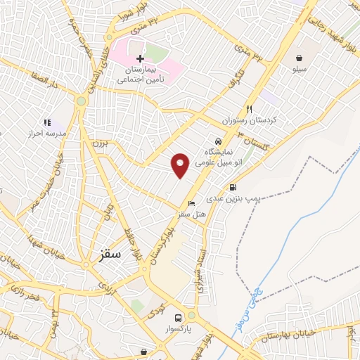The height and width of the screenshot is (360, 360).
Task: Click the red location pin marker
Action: (181, 165)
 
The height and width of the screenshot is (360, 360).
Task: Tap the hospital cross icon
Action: (140, 58)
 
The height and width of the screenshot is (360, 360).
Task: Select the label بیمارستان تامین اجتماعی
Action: (143, 75)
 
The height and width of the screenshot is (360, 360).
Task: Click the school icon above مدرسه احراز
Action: (47, 122)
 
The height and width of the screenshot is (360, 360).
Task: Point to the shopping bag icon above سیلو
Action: (300, 58)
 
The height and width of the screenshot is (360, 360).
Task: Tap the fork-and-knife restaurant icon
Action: (249, 109)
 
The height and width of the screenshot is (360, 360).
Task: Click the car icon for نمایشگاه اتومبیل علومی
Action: (217, 141)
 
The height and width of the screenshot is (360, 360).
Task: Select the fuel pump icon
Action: (232, 188)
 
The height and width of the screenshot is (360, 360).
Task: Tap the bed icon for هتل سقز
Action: (192, 203)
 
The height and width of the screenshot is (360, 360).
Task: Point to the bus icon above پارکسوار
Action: (179, 317)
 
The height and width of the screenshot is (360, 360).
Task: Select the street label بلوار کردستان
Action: (160, 243)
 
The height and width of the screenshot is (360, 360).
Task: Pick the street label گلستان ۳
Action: (254, 139)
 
